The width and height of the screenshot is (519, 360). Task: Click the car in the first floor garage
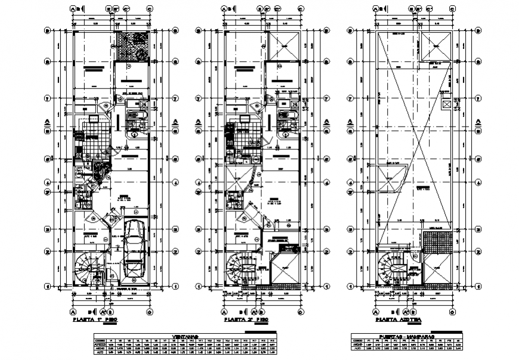tap(135, 249)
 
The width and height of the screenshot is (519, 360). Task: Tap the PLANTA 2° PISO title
tap(245, 321)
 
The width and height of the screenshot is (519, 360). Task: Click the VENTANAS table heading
tap(186, 336)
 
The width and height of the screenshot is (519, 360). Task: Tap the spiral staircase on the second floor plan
tap(240, 267)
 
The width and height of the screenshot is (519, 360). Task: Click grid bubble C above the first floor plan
tap(149, 9)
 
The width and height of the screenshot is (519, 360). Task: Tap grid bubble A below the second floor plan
tap(224, 311)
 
